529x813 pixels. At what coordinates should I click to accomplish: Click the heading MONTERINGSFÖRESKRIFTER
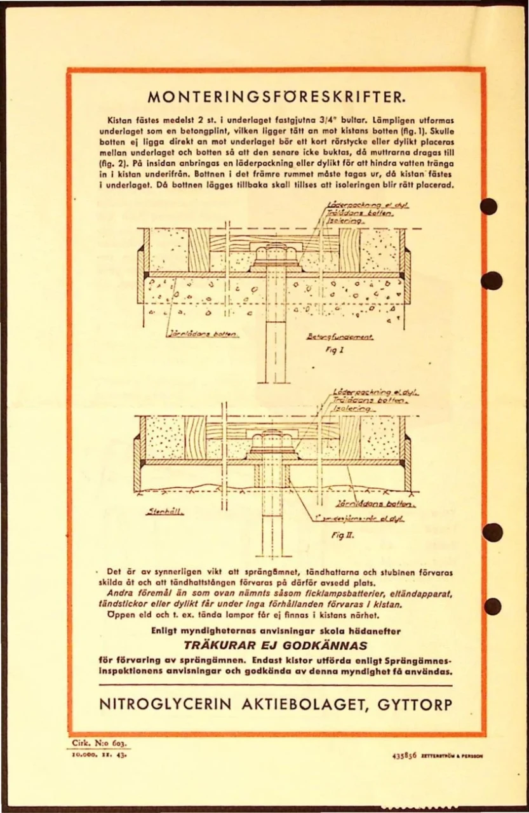(276, 98)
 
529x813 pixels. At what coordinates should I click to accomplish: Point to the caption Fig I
(335, 350)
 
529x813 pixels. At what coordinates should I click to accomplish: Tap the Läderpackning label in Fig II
(375, 393)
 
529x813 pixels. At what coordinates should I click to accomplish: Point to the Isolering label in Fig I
(346, 222)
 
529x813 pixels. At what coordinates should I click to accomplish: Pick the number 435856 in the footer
(404, 756)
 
